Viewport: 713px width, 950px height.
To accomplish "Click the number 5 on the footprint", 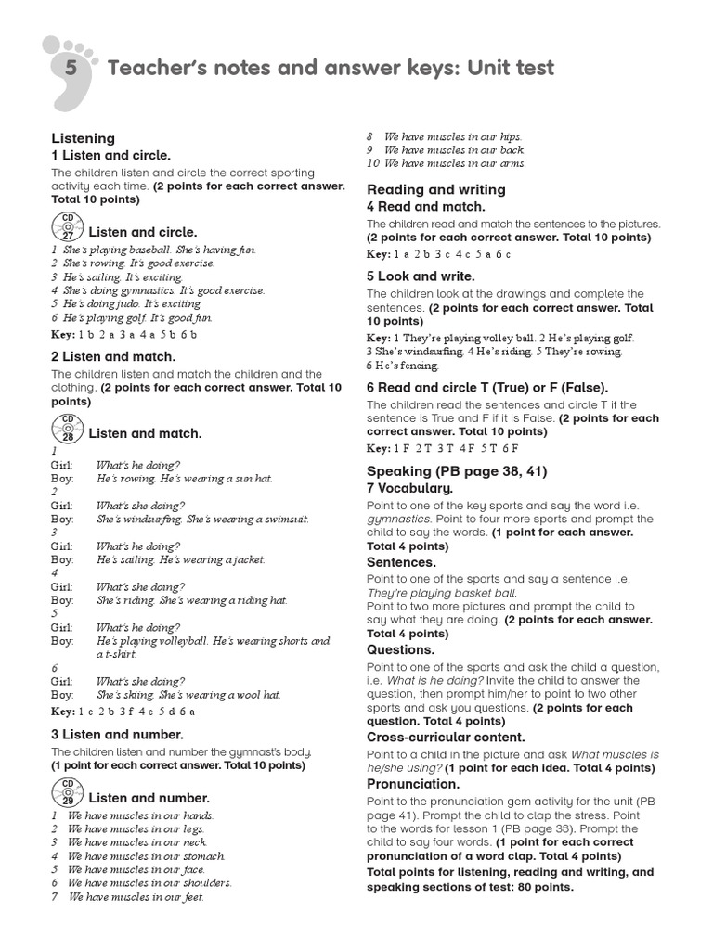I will pos(71,69).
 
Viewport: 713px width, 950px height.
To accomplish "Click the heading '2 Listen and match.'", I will pos(112,356).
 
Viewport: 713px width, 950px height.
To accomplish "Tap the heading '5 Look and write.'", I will pos(421,276).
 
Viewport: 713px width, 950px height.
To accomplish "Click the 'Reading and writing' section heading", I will pos(436,189).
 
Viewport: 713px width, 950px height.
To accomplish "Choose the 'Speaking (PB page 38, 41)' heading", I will pos(457,470).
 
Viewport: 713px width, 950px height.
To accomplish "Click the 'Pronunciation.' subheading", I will pos(414,784).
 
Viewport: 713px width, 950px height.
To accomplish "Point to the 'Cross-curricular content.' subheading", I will pos(446,738).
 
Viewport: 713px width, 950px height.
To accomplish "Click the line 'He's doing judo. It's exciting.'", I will pos(127,303).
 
